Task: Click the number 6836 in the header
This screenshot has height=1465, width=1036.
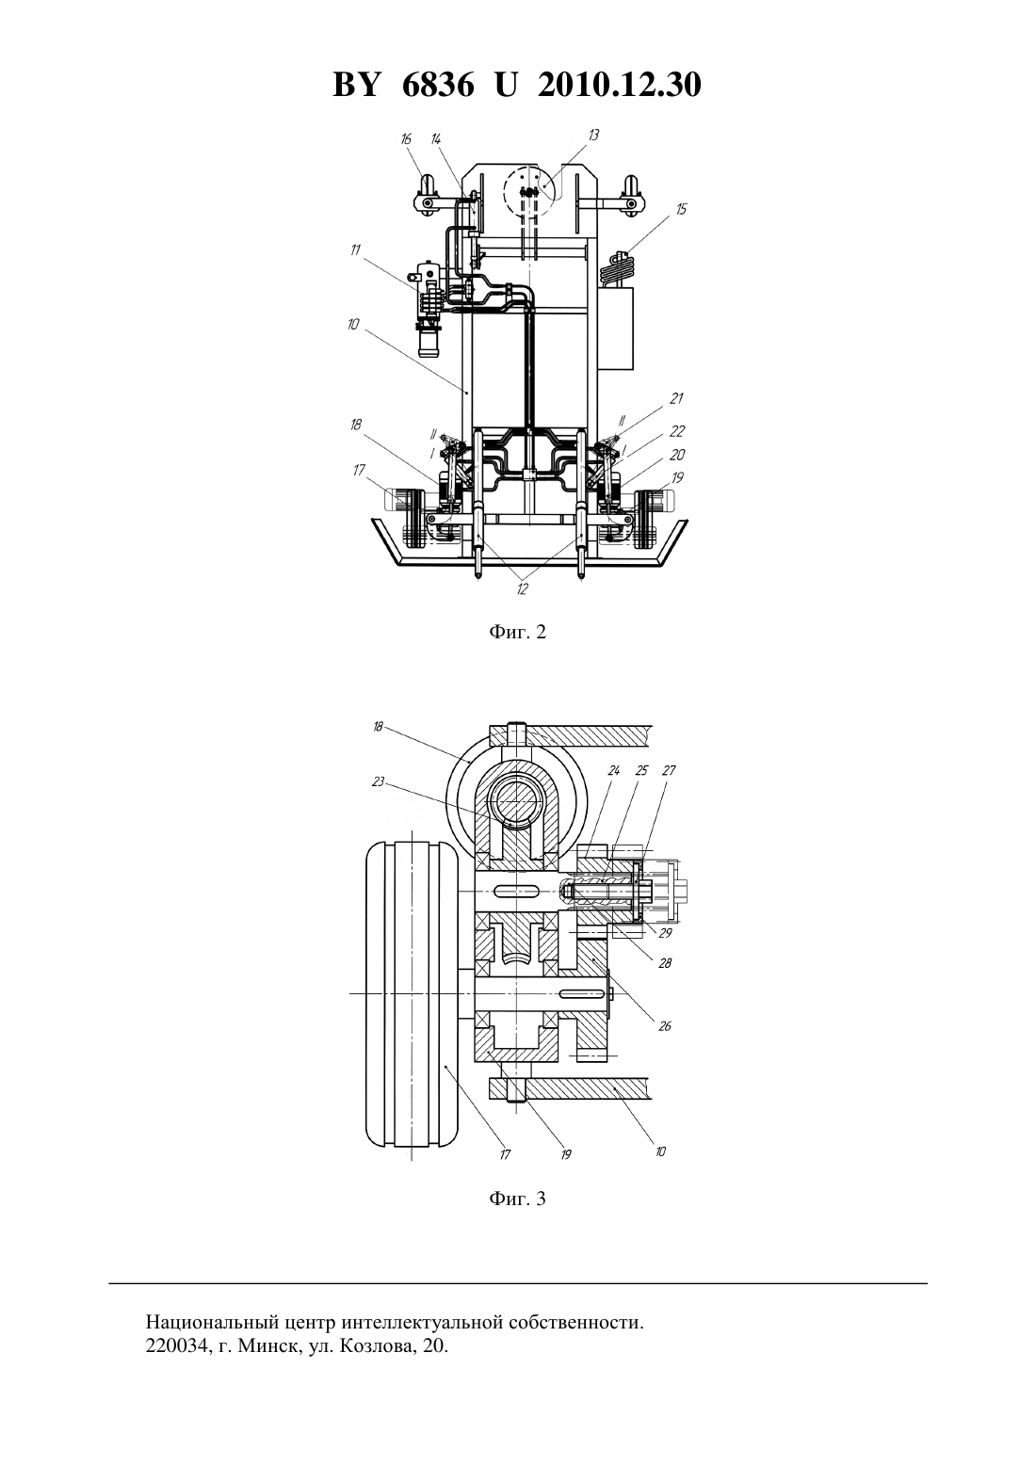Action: coord(438,85)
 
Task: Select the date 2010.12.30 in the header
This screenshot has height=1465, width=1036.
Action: coord(620,85)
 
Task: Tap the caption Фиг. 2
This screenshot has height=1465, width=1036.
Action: coord(517,632)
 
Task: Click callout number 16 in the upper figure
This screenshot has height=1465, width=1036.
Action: coord(406,138)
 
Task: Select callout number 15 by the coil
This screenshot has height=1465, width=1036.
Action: coord(682,209)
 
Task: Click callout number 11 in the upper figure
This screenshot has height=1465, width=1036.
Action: coord(355,250)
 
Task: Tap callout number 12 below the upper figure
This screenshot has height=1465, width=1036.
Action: coord(521,588)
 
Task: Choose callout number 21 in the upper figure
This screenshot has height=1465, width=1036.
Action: coord(676,397)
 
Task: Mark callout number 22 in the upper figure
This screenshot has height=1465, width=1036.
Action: coord(677,430)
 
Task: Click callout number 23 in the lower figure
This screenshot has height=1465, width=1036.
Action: coord(378,781)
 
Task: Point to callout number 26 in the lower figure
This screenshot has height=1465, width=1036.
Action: coord(665,1026)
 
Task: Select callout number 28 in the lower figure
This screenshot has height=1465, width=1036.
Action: coord(665,963)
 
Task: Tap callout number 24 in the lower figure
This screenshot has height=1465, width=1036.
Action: coord(613,770)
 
